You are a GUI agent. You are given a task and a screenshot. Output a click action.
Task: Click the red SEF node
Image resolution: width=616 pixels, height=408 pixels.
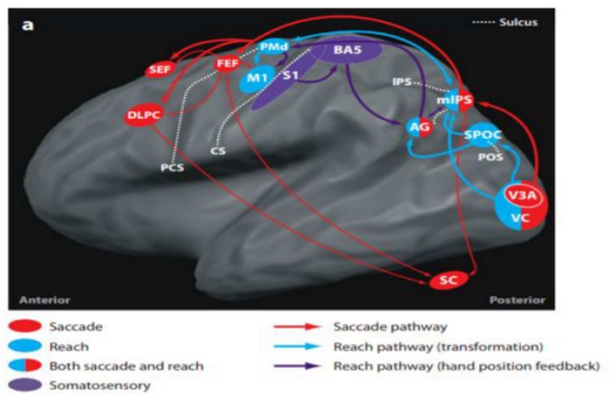[x=157, y=71]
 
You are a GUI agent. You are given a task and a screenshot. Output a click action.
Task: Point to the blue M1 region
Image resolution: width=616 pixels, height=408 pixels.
[x=255, y=81]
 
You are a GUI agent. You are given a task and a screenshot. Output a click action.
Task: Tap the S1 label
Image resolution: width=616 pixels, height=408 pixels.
[x=291, y=76]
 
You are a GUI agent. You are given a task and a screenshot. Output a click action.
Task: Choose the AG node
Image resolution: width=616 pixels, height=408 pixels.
[x=420, y=127]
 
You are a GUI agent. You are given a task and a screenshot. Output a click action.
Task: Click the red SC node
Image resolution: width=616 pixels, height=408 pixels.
[x=448, y=281]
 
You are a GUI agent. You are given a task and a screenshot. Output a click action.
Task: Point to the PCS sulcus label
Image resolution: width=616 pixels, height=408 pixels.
[x=171, y=168]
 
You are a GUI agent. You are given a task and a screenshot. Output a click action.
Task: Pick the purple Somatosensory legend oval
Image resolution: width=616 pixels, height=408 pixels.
[x=31, y=386]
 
